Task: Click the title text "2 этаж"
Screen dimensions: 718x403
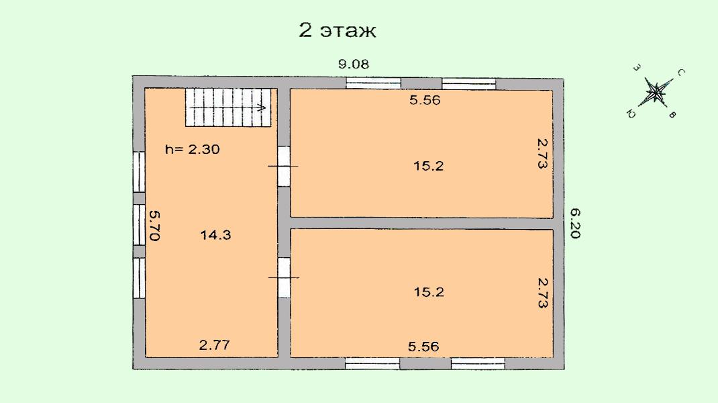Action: tap(338, 31)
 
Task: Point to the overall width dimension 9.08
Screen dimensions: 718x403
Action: tap(354, 64)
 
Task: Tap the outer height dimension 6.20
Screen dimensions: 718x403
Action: tap(575, 223)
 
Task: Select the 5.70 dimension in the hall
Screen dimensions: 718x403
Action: tap(154, 226)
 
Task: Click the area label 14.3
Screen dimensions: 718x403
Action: tap(215, 235)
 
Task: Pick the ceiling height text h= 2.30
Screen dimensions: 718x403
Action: tap(193, 149)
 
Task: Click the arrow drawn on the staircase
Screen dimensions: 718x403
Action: tap(228, 107)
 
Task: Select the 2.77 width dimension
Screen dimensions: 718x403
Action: tap(214, 345)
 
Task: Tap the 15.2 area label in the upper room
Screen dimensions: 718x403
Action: tap(429, 166)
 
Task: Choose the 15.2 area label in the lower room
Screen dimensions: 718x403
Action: tap(429, 292)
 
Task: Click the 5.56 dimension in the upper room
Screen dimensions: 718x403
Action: tap(425, 100)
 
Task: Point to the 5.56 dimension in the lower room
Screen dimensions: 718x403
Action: tap(423, 347)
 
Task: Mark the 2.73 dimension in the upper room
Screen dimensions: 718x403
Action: tap(542, 154)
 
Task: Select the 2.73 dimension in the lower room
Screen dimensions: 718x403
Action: tap(542, 293)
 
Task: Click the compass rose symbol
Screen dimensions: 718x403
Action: tap(656, 93)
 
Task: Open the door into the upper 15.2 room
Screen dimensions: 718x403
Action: tap(284, 166)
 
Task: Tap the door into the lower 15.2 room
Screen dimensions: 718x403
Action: tap(284, 278)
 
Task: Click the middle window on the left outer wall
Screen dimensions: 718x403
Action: tap(139, 224)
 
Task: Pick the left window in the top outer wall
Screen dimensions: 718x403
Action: tap(373, 83)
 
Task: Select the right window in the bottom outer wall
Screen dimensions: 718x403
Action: tap(478, 364)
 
